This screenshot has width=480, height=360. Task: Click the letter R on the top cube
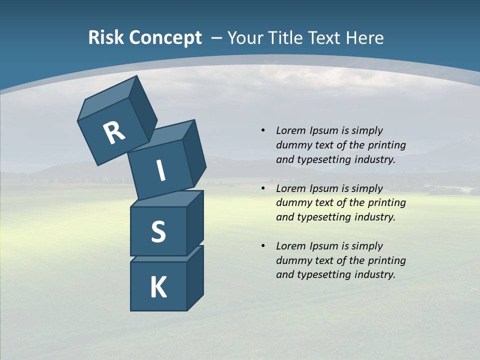[114, 133]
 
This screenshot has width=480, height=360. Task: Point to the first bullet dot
[263, 130]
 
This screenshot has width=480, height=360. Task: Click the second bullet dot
[263, 188]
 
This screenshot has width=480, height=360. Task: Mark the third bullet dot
[263, 246]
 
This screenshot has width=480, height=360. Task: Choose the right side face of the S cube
[195, 222]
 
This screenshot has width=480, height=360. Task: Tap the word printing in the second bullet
[386, 203]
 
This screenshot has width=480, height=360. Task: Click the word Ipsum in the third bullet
[323, 246]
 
